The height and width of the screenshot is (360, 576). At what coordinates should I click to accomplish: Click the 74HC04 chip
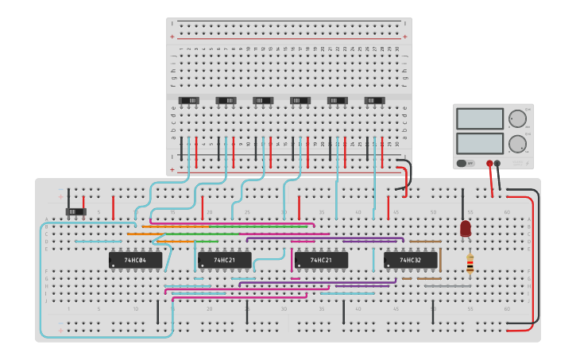coord(135,260)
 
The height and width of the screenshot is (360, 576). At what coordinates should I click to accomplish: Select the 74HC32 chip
coord(410,260)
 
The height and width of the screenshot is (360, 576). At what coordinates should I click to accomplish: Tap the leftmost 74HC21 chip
coord(224,260)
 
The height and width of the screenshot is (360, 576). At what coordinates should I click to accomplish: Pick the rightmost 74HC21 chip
coord(321,260)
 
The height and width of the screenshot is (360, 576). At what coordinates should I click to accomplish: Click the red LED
coord(466,228)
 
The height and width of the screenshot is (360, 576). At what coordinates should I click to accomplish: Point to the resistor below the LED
coord(470,264)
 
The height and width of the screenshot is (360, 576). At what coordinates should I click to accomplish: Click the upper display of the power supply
coord(479,118)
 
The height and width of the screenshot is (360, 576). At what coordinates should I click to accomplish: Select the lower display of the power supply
coord(479,143)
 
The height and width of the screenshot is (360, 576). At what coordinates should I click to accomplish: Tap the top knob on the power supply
coord(516,119)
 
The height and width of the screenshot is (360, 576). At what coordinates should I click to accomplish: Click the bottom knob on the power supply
coord(516,144)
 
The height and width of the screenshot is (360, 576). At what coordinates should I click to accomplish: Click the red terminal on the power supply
coord(489,163)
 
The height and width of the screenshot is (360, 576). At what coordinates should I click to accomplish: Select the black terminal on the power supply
coord(497,163)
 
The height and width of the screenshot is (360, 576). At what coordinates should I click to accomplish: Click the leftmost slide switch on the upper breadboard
coord(189,100)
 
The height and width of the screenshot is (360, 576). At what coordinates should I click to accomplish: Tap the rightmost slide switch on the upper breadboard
coord(374,100)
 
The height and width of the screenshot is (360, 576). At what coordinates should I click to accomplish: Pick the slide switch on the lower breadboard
coord(75,211)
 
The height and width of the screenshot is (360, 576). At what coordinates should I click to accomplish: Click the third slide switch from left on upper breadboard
coord(263,100)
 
